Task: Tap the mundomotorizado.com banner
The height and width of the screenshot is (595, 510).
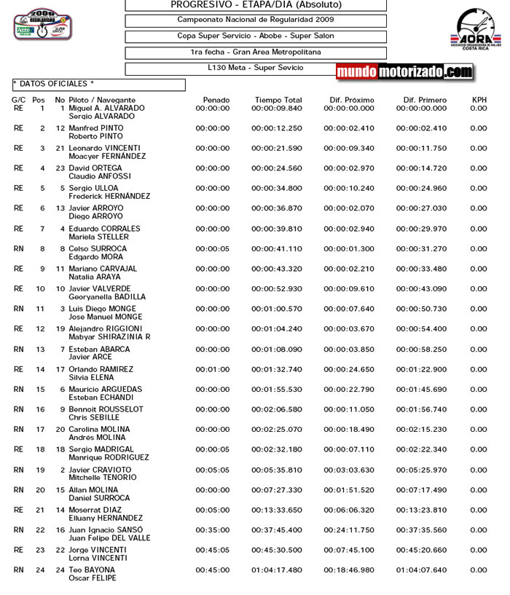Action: click(404, 71)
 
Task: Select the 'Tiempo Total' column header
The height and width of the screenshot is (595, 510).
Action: click(278, 100)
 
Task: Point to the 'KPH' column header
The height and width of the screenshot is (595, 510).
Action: click(479, 100)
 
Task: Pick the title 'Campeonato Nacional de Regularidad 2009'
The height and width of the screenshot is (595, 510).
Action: click(256, 20)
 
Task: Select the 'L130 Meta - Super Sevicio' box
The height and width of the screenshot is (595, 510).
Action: click(255, 68)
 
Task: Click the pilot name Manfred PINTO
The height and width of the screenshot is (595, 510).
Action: click(95, 128)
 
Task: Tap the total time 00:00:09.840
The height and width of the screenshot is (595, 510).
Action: click(276, 109)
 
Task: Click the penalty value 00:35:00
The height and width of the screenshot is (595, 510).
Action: click(212, 529)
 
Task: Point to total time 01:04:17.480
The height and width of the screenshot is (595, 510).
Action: click(276, 570)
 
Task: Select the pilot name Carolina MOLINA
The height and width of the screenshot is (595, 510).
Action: click(99, 430)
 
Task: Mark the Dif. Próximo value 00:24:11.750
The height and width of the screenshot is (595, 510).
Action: click(349, 529)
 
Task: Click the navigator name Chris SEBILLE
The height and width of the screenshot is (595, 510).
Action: click(93, 417)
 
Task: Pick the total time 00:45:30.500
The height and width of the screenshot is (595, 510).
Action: click(276, 550)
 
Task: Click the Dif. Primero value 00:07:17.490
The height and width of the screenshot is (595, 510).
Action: click(422, 489)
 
